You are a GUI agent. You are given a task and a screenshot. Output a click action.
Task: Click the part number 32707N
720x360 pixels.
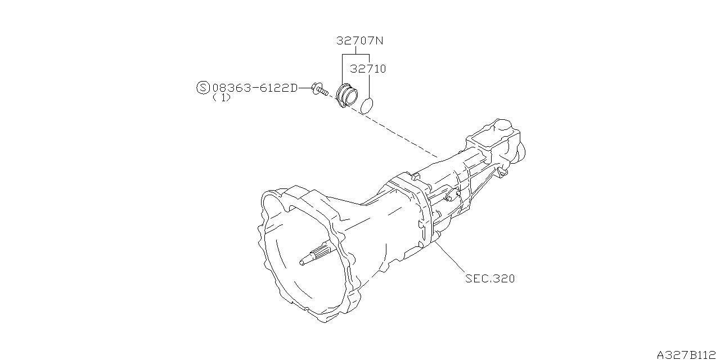click(x=359, y=41)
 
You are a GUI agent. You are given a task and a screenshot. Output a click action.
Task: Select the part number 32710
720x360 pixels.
click(x=368, y=69)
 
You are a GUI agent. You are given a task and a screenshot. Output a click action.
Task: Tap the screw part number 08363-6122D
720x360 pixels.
click(x=255, y=88)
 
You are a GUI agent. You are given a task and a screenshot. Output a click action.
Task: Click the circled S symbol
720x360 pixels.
click(x=203, y=88)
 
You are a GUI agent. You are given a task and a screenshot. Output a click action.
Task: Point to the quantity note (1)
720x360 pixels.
click(x=222, y=98)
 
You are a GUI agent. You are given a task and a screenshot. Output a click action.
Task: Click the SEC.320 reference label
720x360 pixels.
click(x=490, y=278)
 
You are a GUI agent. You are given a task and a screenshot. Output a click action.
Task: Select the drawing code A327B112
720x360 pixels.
click(x=688, y=355)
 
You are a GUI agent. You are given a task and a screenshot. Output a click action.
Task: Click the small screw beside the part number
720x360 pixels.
click(x=319, y=89)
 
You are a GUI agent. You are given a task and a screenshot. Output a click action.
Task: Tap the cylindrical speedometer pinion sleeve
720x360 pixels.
click(x=346, y=96)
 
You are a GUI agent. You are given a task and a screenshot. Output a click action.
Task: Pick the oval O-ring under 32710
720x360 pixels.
click(x=367, y=106)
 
